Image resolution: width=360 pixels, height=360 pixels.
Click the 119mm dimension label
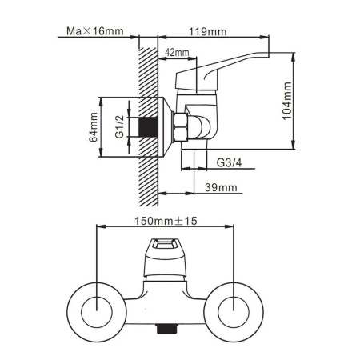pyautogui.click(x=208, y=31)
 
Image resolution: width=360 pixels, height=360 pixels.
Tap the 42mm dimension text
pyautogui.click(x=177, y=52)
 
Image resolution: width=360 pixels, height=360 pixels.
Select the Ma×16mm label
pyautogui.click(x=95, y=31)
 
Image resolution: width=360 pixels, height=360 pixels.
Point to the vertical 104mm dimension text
pyautogui.click(x=287, y=101)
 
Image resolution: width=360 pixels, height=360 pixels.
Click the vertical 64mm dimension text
pyautogui.click(x=94, y=127)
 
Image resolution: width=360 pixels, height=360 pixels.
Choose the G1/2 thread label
pyautogui.click(x=120, y=127)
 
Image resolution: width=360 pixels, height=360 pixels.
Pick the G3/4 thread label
pyautogui.click(x=229, y=162)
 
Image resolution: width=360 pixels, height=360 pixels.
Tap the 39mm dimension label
pyautogui.click(x=221, y=187)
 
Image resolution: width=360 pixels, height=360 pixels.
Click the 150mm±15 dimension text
pyautogui.click(x=166, y=221)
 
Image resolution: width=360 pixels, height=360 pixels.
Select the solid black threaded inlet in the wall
pyautogui.click(x=148, y=126)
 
